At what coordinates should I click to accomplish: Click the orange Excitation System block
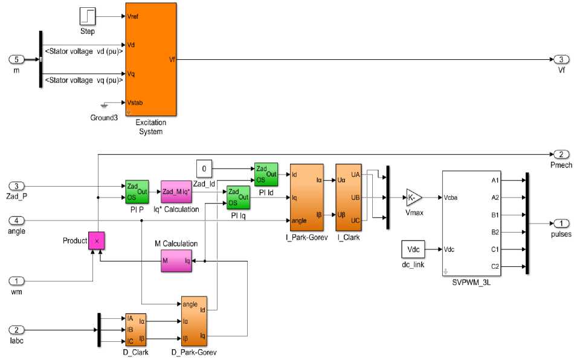coord(150,59)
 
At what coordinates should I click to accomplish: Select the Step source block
coord(88,17)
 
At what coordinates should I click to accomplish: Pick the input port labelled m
coord(17,59)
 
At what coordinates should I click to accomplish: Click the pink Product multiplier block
coord(97,240)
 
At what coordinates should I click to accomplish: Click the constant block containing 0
coord(205,169)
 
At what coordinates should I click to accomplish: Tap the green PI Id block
coord(266,174)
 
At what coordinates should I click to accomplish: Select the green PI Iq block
coord(238,197)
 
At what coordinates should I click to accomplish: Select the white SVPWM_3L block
coord(472,222)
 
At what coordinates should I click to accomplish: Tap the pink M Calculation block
coord(176,260)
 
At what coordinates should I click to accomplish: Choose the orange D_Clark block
coord(136,329)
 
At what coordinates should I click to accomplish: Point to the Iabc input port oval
coord(17,330)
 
